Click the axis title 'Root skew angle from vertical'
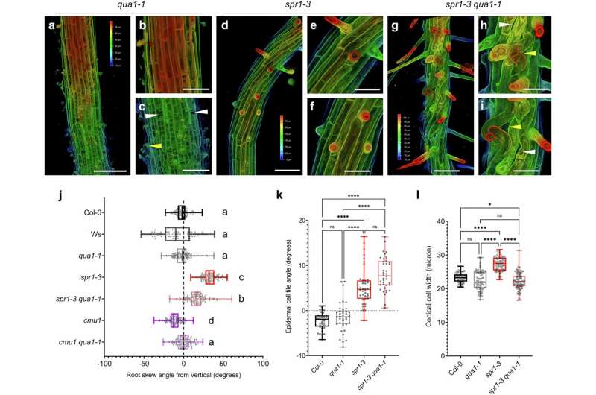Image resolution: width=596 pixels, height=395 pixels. coord(183,380)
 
